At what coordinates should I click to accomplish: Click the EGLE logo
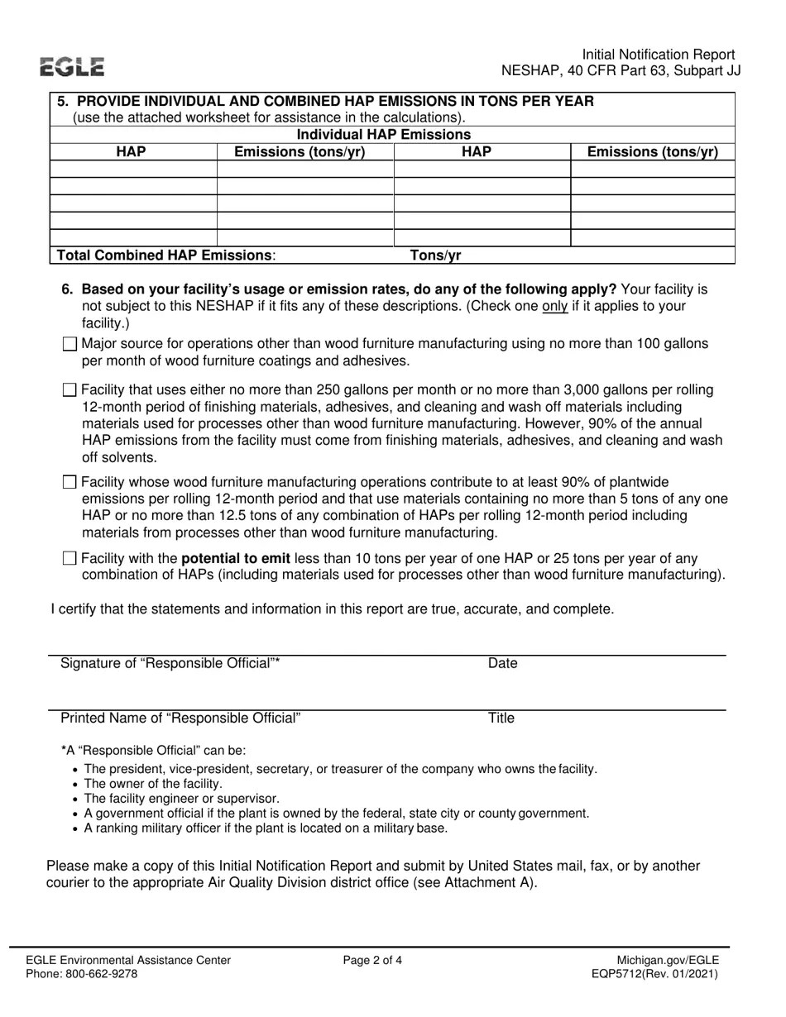point(73,68)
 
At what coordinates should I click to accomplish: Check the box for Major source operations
point(69,344)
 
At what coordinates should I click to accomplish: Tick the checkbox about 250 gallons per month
point(69,390)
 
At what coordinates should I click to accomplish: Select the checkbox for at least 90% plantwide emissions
point(69,482)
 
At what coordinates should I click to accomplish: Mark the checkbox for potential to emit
point(69,559)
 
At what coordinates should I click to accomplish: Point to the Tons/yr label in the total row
point(436,255)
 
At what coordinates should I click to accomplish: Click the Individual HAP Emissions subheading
point(383,135)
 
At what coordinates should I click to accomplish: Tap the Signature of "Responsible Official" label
point(170,663)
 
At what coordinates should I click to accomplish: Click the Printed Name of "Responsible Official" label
point(180,718)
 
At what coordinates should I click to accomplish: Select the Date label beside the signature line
point(502,663)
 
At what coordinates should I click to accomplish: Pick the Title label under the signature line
point(501,718)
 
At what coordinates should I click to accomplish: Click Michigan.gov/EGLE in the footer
point(668,960)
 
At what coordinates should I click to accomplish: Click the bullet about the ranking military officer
point(266,828)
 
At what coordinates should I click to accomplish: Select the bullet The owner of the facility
point(153,784)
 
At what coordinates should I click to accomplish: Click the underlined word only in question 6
point(554,306)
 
